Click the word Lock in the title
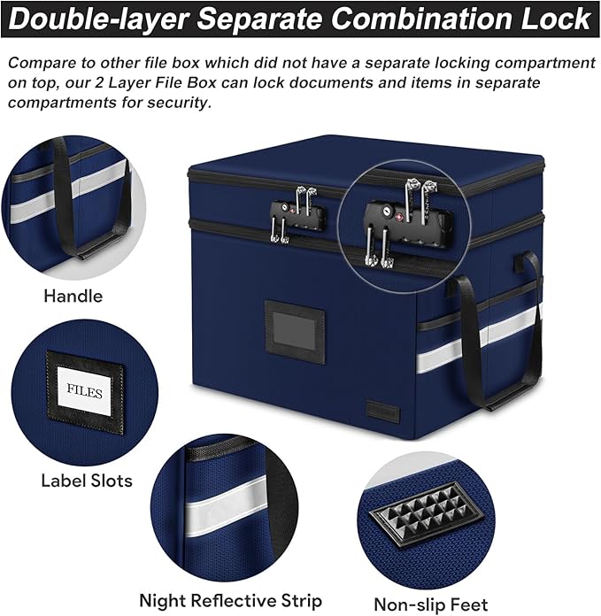pyautogui.click(x=556, y=19)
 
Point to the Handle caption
pyautogui.click(x=73, y=296)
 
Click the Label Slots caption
pyautogui.click(x=87, y=481)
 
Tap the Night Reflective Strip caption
pyautogui.click(x=231, y=601)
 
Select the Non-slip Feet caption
pyautogui.click(x=431, y=604)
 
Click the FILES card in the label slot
pyautogui.click(x=84, y=392)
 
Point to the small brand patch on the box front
pyautogui.click(x=383, y=413)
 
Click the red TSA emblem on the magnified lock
pyautogui.click(x=399, y=217)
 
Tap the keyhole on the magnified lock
pyautogui.click(x=387, y=212)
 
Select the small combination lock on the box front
pyautogui.click(x=297, y=214)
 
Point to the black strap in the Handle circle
pyautogui.click(x=66, y=196)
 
